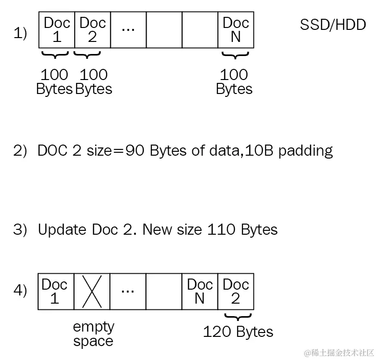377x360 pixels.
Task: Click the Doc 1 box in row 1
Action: [x=57, y=30]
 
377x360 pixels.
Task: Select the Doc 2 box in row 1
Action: [x=93, y=30]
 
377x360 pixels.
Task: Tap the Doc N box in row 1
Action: [x=236, y=30]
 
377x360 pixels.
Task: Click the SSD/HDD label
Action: [x=333, y=25]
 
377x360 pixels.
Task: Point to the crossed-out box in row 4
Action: [x=92, y=292]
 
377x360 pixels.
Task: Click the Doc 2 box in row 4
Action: [x=236, y=292]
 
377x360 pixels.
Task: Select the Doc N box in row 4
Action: [x=200, y=292]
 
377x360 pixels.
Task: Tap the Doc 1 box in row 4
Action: [x=55, y=292]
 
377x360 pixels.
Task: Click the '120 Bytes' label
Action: [x=238, y=332]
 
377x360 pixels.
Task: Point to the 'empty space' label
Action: [x=93, y=334]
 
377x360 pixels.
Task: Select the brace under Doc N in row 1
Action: [x=235, y=55]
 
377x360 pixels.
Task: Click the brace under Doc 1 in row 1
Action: [x=56, y=55]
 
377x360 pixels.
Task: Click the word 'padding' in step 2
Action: [x=306, y=151]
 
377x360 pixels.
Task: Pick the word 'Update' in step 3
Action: [x=62, y=229]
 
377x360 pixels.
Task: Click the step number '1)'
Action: [x=20, y=34]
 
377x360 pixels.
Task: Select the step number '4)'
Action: [x=20, y=292]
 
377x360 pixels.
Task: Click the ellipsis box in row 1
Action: [x=128, y=30]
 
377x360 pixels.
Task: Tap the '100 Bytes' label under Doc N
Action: [x=234, y=82]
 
